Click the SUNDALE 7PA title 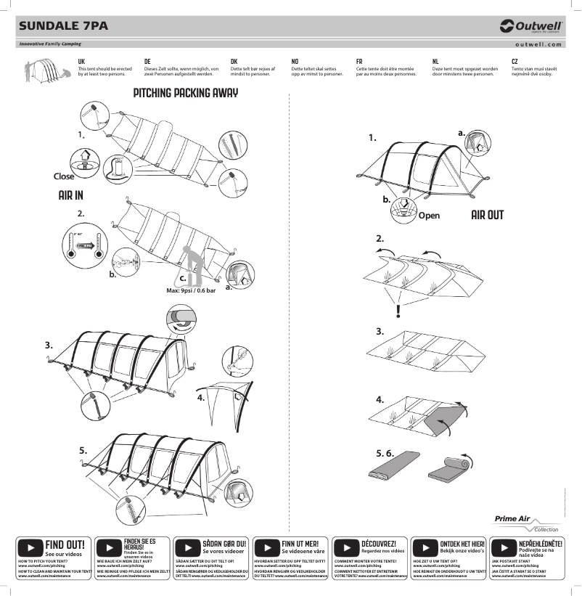point(63,26)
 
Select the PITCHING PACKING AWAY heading point(186,93)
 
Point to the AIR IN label point(70,195)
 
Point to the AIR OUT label point(487,215)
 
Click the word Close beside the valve point(64,176)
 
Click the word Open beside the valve point(429,216)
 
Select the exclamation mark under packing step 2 point(398,311)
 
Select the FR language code point(359,62)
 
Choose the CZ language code point(515,62)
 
